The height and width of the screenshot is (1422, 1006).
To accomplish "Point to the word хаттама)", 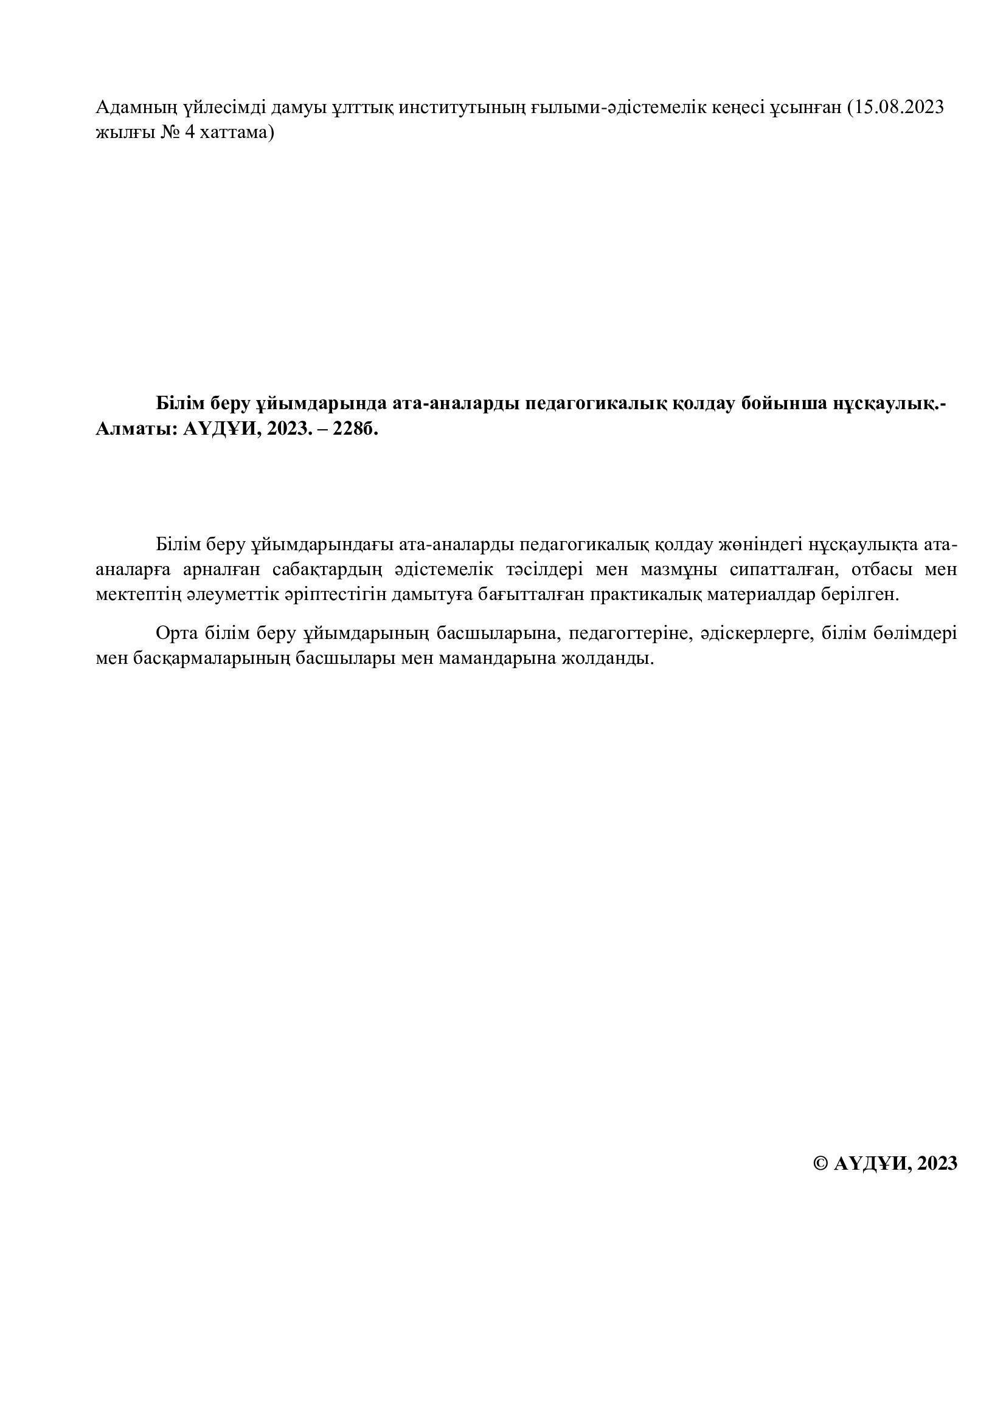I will (238, 133).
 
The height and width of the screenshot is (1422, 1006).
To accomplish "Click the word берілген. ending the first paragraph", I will (860, 595).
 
